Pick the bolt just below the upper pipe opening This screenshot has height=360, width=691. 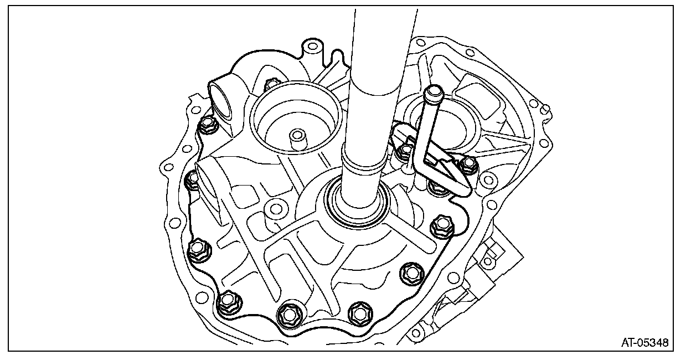pos(208,125)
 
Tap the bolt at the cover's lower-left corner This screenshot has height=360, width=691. pos(228,301)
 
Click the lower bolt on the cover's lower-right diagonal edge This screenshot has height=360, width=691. pos(411,272)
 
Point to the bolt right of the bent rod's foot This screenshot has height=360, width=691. pos(469,163)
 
